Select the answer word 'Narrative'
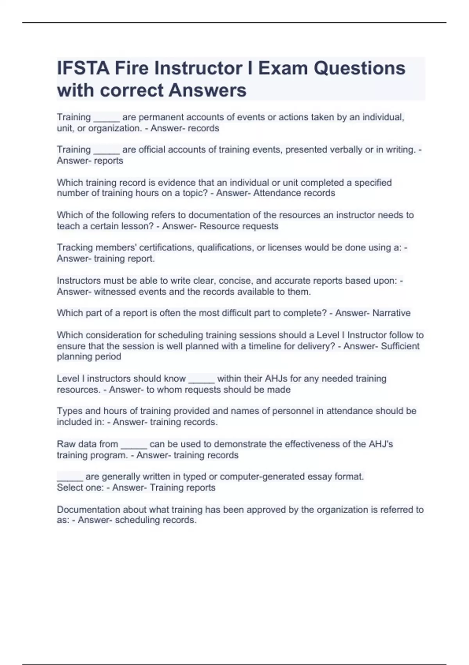pos(391,313)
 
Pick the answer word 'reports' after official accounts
pos(108,160)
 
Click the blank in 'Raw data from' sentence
pos(134,444)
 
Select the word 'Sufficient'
pos(400,346)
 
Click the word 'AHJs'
pos(276,378)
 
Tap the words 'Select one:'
pos(80,487)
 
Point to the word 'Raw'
pos(66,444)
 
